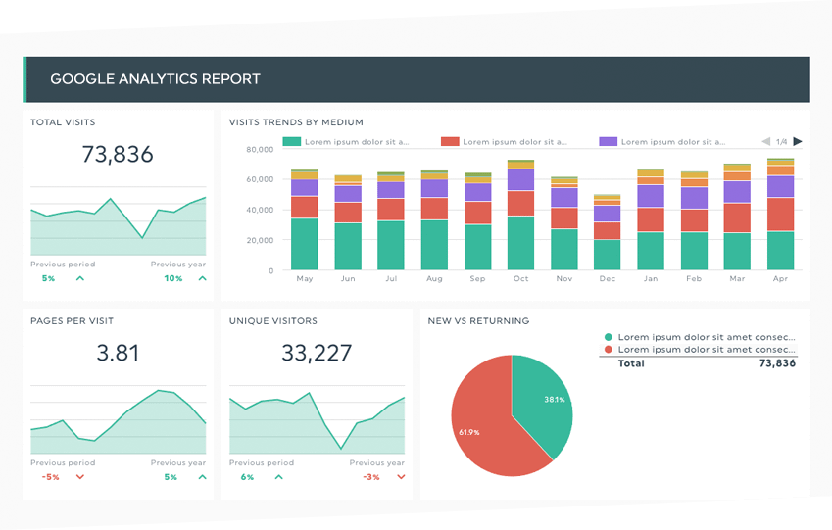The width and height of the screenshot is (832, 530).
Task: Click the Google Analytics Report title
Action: pos(155,78)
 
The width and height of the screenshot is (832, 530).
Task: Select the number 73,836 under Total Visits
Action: pos(118,154)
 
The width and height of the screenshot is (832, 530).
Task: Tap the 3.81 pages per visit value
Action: pos(118,353)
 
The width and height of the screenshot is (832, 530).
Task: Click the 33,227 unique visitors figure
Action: pos(316,353)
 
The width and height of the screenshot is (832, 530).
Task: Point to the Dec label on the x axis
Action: pos(608,279)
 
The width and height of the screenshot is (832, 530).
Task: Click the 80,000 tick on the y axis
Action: pos(259,149)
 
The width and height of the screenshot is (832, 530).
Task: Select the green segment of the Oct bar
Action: pos(520,242)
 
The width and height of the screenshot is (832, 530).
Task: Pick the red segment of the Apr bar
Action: pos(780,214)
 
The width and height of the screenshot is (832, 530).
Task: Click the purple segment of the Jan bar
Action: pos(651,196)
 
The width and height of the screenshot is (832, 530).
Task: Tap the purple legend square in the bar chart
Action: pos(608,142)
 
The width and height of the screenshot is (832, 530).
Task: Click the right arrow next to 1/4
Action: pos(798,142)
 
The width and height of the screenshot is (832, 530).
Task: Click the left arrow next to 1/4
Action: pos(766,142)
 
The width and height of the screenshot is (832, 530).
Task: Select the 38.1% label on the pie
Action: pos(554,399)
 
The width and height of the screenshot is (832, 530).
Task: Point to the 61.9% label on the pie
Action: pos(468,432)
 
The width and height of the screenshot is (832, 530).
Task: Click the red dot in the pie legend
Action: pos(609,349)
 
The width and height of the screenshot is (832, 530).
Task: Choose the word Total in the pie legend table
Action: pos(631,363)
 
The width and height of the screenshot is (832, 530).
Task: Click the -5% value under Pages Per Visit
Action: pos(50,477)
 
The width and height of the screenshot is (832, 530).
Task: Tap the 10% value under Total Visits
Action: pos(172,278)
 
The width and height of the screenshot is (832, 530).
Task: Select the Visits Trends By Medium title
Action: pos(296,122)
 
